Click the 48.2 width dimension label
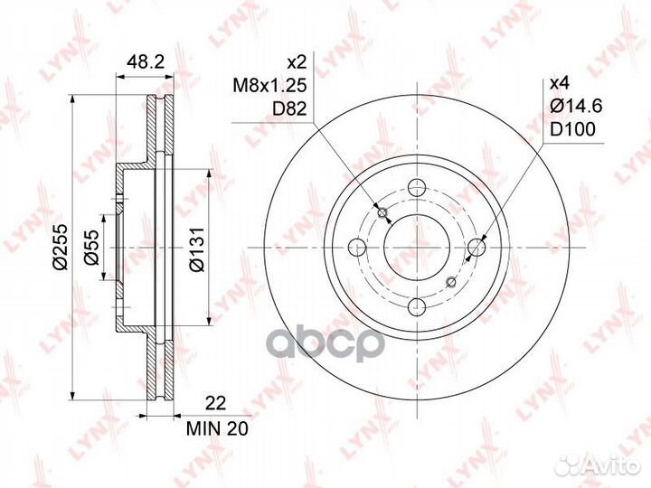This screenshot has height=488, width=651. (x=146, y=61)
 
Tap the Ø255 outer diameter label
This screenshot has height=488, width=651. (x=61, y=247)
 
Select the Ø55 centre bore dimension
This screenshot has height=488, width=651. (x=91, y=247)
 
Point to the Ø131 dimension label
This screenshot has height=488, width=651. (x=197, y=249)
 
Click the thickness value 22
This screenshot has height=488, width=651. (x=216, y=403)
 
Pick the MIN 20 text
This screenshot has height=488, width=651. (x=217, y=428)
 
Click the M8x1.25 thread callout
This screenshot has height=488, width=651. (x=269, y=86)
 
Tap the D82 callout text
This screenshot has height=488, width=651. (x=289, y=108)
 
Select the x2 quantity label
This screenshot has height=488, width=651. (x=297, y=63)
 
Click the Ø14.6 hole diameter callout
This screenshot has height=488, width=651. (x=576, y=107)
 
